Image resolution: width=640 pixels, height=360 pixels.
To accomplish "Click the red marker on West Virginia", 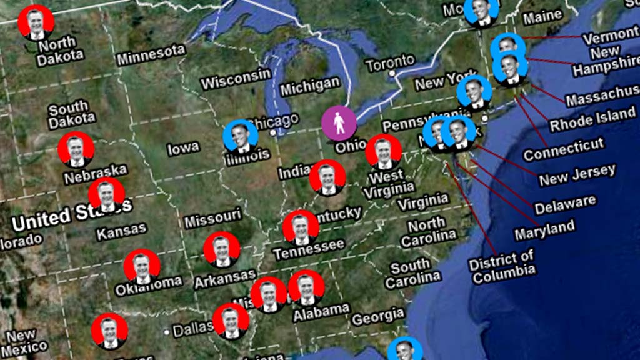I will pos(383,152).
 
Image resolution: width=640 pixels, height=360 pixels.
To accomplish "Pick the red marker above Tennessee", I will pos(301,227).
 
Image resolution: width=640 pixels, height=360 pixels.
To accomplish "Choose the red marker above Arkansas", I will pos(222,250).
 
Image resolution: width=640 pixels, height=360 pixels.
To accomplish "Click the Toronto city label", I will pos(391,62).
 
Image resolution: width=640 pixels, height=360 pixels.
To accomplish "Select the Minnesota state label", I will pos(151,55).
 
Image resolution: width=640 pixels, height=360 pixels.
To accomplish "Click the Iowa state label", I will pos(183,148).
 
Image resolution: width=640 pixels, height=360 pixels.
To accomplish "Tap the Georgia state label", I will pos(377,317).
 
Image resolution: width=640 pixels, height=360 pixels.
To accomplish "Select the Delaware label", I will pos(565,204).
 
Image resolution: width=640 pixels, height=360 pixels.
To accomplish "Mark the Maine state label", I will pos(542,17).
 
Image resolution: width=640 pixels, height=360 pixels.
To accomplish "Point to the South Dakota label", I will pos(72,114).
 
